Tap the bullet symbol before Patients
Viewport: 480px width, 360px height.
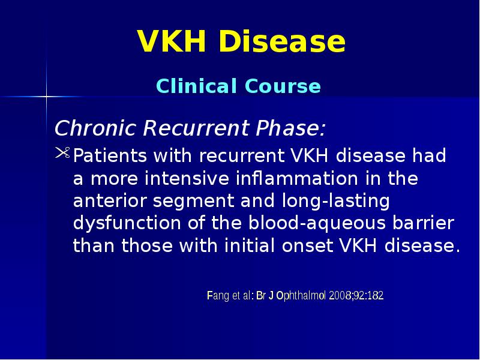[x=62, y=155]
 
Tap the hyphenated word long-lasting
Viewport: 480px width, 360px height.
[x=332, y=201]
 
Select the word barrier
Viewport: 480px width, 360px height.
[x=422, y=224]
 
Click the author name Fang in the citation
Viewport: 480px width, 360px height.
[x=217, y=296]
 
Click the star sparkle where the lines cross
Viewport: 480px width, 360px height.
[x=46, y=96]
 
